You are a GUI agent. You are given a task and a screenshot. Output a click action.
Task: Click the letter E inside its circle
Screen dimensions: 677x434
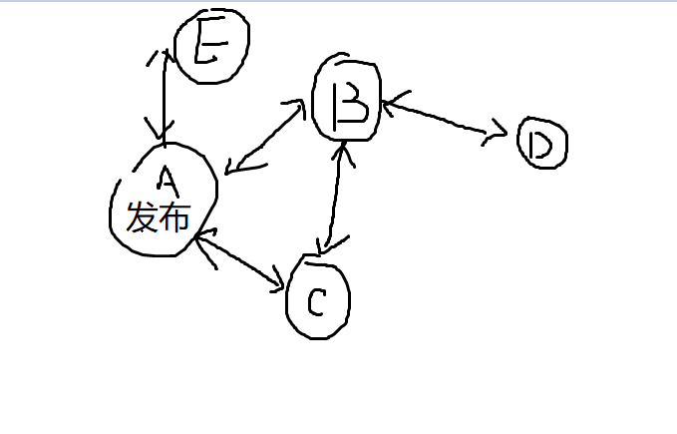click(209, 41)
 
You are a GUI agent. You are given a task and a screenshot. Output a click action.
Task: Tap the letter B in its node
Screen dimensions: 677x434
click(350, 106)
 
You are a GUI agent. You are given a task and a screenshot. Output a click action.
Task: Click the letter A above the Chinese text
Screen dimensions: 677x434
click(168, 181)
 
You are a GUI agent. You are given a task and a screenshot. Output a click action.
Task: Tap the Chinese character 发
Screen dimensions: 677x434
click(142, 217)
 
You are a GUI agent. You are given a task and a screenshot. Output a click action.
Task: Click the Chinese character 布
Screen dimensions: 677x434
click(174, 217)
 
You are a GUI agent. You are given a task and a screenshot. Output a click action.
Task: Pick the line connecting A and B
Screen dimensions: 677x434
click(264, 139)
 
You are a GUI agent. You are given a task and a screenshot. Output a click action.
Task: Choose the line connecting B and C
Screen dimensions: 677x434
click(335, 198)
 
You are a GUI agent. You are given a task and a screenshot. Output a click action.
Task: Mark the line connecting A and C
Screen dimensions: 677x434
click(238, 260)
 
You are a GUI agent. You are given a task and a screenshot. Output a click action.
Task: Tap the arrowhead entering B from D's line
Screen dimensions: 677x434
click(393, 104)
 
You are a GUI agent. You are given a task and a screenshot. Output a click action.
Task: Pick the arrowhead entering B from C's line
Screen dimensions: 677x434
click(343, 154)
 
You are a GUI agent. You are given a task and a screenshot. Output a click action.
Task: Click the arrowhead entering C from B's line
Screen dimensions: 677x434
click(332, 244)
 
